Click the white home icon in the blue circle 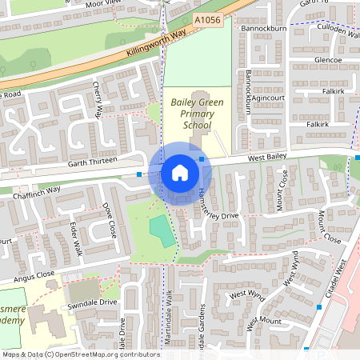pyautogui.click(x=179, y=173)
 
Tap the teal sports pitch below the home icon pyautogui.click(x=162, y=230)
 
